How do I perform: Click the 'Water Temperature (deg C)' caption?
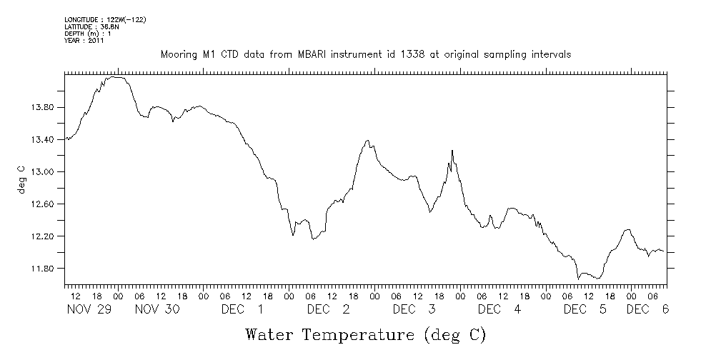pyautogui.click(x=366, y=334)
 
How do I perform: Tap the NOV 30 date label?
pyautogui.click(x=156, y=309)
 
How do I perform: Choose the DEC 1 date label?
pyautogui.click(x=242, y=309)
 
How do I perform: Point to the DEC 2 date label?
pyautogui.click(x=328, y=309)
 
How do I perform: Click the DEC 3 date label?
pyautogui.click(x=414, y=309)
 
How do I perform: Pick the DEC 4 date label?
pyautogui.click(x=499, y=309)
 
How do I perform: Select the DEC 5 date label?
pyautogui.click(x=585, y=309)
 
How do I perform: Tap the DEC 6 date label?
pyautogui.click(x=647, y=309)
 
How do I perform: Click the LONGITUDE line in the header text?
pyautogui.click(x=105, y=19)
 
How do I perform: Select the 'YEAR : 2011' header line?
pyautogui.click(x=84, y=41)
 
